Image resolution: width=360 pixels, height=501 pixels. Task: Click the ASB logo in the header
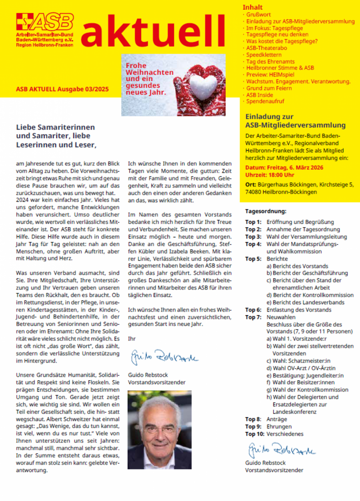point(45,30)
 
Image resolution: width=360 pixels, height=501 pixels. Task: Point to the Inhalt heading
point(253,7)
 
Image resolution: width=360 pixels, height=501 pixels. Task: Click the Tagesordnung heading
point(266,211)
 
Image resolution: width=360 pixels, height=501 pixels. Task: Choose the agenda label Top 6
point(253,310)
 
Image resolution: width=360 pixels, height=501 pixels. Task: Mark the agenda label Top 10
point(255,434)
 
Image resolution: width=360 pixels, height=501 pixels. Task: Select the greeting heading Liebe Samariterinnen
point(55,127)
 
